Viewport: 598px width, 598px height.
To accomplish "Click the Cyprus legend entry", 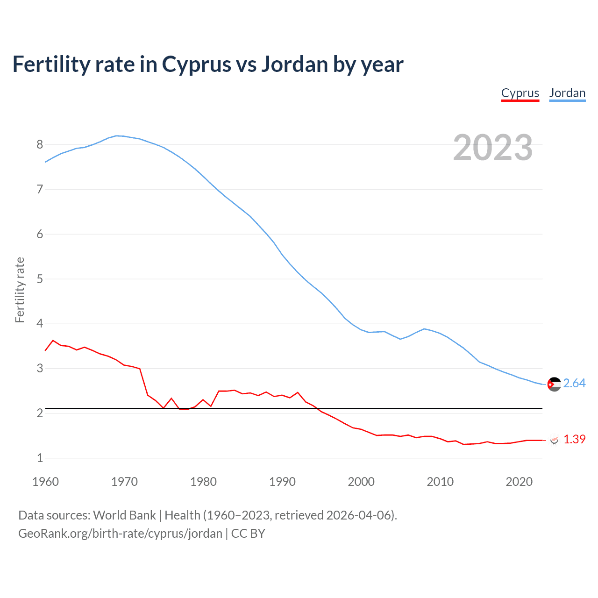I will pyautogui.click(x=520, y=93).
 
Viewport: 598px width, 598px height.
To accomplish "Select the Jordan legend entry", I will pyautogui.click(x=567, y=93).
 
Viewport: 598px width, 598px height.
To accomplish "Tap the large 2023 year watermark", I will pyautogui.click(x=493, y=148).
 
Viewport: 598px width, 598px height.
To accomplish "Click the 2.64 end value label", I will pyautogui.click(x=574, y=384).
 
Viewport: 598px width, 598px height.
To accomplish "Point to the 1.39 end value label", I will pyautogui.click(x=574, y=440).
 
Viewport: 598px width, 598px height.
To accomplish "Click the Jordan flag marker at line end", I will pyautogui.click(x=554, y=384).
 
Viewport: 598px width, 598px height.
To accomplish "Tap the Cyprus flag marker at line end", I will pyautogui.click(x=555, y=440).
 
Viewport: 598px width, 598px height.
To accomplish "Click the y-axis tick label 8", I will pyautogui.click(x=40, y=144).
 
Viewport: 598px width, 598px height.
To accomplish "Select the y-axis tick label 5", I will pyautogui.click(x=40, y=279).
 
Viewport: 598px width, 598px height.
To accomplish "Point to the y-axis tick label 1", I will pyautogui.click(x=40, y=458).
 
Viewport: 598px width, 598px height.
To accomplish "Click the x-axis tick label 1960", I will pyautogui.click(x=45, y=482).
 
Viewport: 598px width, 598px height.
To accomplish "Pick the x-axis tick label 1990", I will pyautogui.click(x=282, y=482).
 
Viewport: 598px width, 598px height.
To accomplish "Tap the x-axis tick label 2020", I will pyautogui.click(x=519, y=482).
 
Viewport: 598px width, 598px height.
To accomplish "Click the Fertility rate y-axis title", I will pyautogui.click(x=20, y=290).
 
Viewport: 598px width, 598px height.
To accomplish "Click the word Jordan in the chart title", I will pyautogui.click(x=294, y=64).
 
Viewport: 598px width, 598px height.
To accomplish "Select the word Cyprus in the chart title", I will pyautogui.click(x=196, y=64).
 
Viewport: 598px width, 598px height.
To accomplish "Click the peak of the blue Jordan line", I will pyautogui.click(x=117, y=135).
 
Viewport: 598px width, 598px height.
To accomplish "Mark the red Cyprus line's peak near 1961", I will pyautogui.click(x=53, y=341).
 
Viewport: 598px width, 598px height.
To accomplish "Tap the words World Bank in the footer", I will pyautogui.click(x=124, y=515).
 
